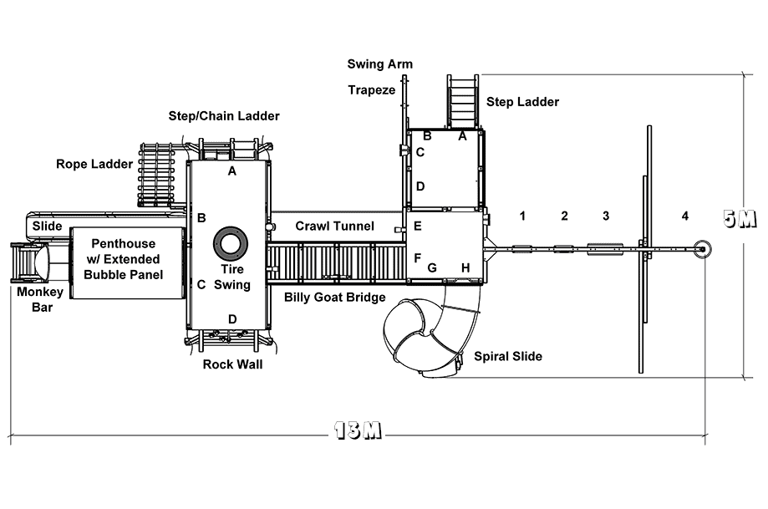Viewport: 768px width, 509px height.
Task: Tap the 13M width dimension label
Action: click(358, 430)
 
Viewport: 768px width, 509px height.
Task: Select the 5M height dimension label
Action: click(740, 218)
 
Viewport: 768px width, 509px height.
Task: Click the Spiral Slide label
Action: click(508, 357)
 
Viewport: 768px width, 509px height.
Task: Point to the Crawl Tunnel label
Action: click(334, 226)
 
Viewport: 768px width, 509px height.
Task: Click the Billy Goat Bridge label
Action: click(335, 298)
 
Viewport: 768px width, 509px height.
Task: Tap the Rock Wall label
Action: click(232, 364)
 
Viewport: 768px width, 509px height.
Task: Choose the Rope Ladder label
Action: click(94, 164)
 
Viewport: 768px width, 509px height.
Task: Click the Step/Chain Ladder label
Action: click(224, 116)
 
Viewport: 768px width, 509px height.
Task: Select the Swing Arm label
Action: click(380, 64)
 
